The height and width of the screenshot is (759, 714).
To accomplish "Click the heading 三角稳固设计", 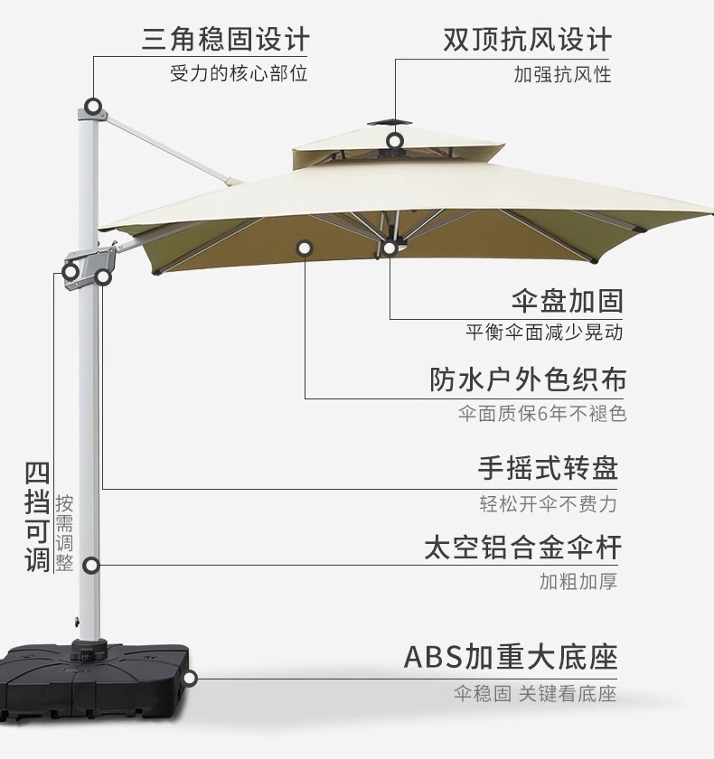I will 225,40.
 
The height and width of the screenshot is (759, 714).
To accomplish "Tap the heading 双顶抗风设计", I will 527,40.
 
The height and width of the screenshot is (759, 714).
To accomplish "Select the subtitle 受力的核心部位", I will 239,73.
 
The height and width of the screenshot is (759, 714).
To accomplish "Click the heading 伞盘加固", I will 567,300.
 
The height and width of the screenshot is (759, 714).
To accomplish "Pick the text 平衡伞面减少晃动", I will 544,333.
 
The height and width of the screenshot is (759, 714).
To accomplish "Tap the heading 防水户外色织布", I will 528,379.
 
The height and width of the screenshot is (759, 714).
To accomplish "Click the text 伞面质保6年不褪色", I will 541,414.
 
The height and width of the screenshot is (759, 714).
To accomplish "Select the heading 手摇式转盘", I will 548,468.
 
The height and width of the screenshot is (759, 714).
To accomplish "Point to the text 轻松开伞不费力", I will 548,503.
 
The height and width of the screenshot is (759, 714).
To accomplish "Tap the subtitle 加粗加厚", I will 578,581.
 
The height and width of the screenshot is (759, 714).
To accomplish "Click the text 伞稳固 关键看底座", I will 534,694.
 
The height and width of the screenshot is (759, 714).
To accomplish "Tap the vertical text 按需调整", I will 64,533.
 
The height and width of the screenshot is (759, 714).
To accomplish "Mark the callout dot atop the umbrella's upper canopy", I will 394,141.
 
